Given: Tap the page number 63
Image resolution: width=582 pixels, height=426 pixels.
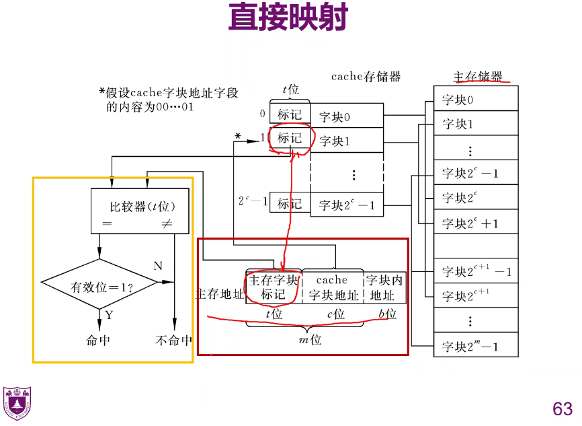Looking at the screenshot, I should coord(563,409).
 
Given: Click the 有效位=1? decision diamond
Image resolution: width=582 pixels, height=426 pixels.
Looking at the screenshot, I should coord(99,285).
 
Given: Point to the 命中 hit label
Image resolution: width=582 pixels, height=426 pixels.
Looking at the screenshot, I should coord(98,341).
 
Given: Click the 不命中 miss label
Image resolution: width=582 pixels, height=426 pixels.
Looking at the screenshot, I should coord(173,341).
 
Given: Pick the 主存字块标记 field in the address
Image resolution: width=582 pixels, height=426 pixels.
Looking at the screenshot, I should coord(273,287).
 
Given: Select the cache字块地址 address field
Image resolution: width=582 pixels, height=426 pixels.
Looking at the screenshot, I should coord(332,287).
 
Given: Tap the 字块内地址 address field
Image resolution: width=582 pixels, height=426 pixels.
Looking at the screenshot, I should coord(384,287).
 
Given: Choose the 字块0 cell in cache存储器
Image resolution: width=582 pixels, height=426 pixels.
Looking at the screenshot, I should coord(347,116).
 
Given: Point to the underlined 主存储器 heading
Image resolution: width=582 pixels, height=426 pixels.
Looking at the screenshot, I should coord(478,76).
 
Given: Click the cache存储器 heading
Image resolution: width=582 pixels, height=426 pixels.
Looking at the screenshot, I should coord(366,77).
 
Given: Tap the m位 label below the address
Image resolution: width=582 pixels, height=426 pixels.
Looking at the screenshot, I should coord(310,340).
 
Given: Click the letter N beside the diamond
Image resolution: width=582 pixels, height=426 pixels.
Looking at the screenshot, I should coord(158,266).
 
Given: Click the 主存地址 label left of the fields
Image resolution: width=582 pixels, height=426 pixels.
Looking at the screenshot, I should coord(219,293).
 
